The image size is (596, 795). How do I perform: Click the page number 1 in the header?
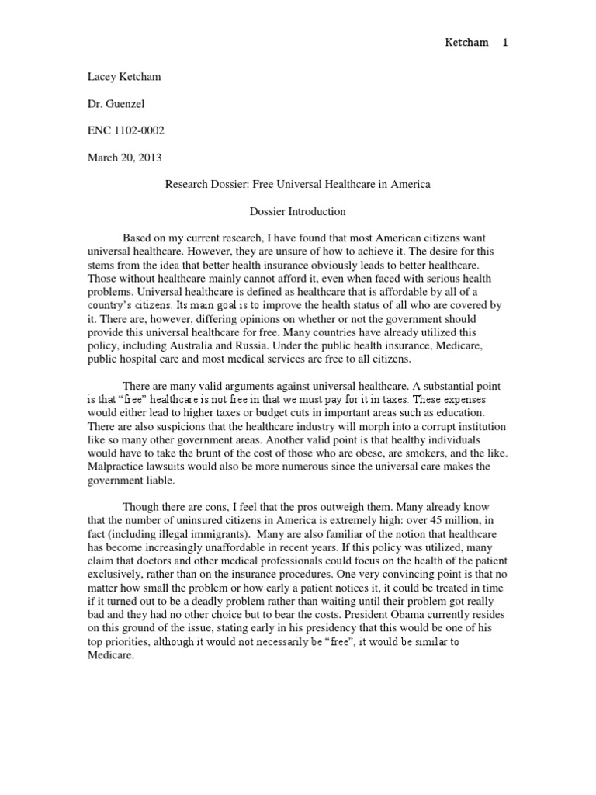click(x=505, y=43)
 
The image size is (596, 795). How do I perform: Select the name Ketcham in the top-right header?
click(x=466, y=43)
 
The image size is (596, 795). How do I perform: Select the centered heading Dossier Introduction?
click(x=297, y=210)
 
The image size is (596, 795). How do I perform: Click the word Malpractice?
click(x=114, y=467)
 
